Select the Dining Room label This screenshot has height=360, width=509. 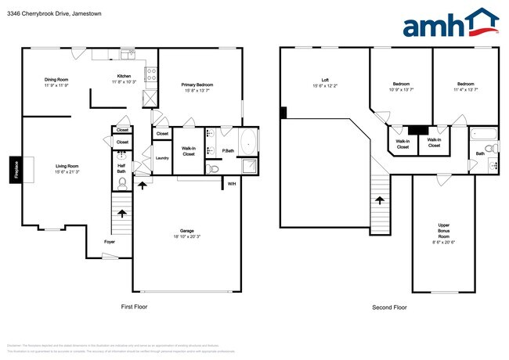tap(56, 80)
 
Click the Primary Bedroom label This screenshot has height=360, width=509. tap(197, 85)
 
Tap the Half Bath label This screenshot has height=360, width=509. tap(122, 166)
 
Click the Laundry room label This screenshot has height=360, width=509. tap(162, 158)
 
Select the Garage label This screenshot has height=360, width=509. tap(187, 231)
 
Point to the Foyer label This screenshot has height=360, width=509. tap(110, 242)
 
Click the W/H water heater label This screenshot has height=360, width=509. tap(231, 184)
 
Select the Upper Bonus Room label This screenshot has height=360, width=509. tap(443, 233)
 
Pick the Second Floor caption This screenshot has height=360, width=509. tap(389, 308)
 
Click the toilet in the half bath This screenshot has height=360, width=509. tap(123, 182)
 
